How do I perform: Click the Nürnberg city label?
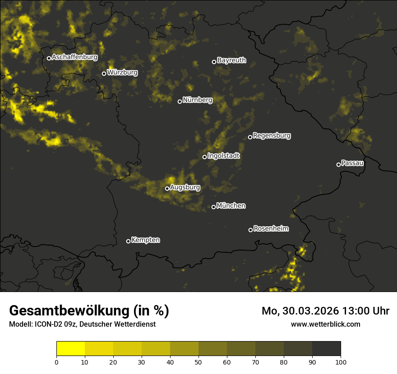(198, 100)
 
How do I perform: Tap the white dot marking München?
(213, 207)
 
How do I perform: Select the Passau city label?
(352, 163)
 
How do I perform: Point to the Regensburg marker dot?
(250, 137)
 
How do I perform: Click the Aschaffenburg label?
(74, 57)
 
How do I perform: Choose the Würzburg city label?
(122, 72)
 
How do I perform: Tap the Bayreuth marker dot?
(214, 62)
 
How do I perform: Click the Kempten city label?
(145, 240)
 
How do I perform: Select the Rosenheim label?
(271, 229)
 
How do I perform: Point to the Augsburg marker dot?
(167, 188)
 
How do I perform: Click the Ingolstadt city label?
(224, 156)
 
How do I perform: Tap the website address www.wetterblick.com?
(325, 324)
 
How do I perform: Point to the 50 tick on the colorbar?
(198, 361)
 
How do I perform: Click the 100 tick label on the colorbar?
(341, 361)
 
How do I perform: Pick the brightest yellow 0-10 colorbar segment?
(70, 348)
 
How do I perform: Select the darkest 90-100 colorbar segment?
(326, 348)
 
